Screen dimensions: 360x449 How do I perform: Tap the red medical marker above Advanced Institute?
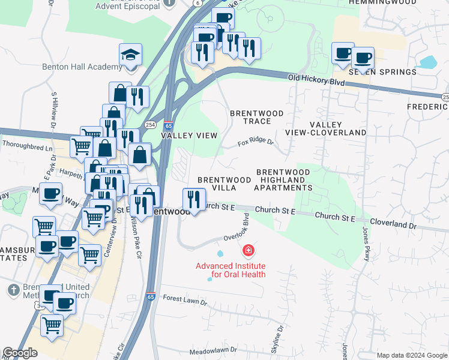pos(247,250)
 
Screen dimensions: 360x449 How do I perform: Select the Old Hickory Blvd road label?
pos(316,79)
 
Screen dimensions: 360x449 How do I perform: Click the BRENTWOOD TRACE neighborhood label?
pos(257,117)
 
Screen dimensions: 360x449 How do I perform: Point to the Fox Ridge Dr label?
pos(255,143)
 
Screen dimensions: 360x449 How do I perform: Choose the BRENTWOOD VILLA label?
pos(224,184)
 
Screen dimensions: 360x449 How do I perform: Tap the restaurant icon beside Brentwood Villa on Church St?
pos(194,200)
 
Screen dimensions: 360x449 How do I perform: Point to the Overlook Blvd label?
pos(237,230)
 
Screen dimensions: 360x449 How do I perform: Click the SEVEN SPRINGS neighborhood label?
pos(382,72)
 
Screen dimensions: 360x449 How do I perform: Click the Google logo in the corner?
pos(20,353)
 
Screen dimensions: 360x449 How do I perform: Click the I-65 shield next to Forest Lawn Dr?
pos(150,296)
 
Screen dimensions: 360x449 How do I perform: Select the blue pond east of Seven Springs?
pos(427,62)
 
